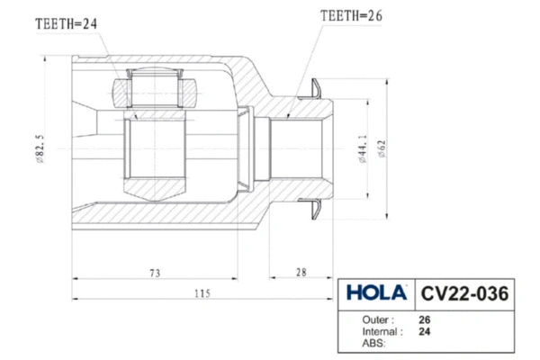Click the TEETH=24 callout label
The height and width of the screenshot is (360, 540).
(65, 25)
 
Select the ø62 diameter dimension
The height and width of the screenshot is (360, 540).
(382, 149)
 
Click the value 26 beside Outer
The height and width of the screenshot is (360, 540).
(425, 319)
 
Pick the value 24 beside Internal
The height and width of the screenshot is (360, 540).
(425, 331)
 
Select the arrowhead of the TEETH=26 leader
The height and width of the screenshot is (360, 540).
(287, 115)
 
